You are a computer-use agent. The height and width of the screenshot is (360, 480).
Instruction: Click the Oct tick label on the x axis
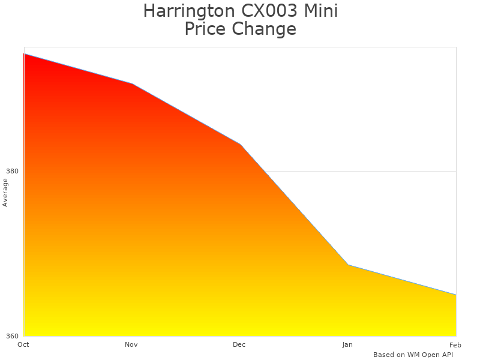23,344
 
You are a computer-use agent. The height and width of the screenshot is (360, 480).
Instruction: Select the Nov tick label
131,344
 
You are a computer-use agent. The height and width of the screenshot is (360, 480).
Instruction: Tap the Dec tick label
239,344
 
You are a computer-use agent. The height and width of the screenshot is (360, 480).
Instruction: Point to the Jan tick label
347,344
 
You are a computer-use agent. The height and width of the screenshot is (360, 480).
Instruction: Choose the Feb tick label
455,344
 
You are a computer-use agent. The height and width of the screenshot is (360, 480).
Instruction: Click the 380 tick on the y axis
13,171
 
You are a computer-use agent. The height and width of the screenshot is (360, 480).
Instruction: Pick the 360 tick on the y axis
13,336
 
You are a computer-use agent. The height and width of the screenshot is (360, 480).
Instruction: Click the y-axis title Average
5,193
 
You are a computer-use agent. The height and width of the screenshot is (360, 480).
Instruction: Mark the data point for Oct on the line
24,54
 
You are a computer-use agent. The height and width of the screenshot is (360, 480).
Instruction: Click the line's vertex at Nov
132,83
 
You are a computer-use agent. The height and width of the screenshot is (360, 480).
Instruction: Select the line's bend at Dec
240,144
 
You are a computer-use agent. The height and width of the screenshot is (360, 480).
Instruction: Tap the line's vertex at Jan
348,265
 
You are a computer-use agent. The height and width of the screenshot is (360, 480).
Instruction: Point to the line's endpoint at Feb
456,295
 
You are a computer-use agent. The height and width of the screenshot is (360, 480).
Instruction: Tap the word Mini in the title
322,11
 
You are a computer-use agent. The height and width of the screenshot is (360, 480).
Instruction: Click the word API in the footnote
446,355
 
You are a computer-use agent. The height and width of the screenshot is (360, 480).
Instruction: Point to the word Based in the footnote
384,355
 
